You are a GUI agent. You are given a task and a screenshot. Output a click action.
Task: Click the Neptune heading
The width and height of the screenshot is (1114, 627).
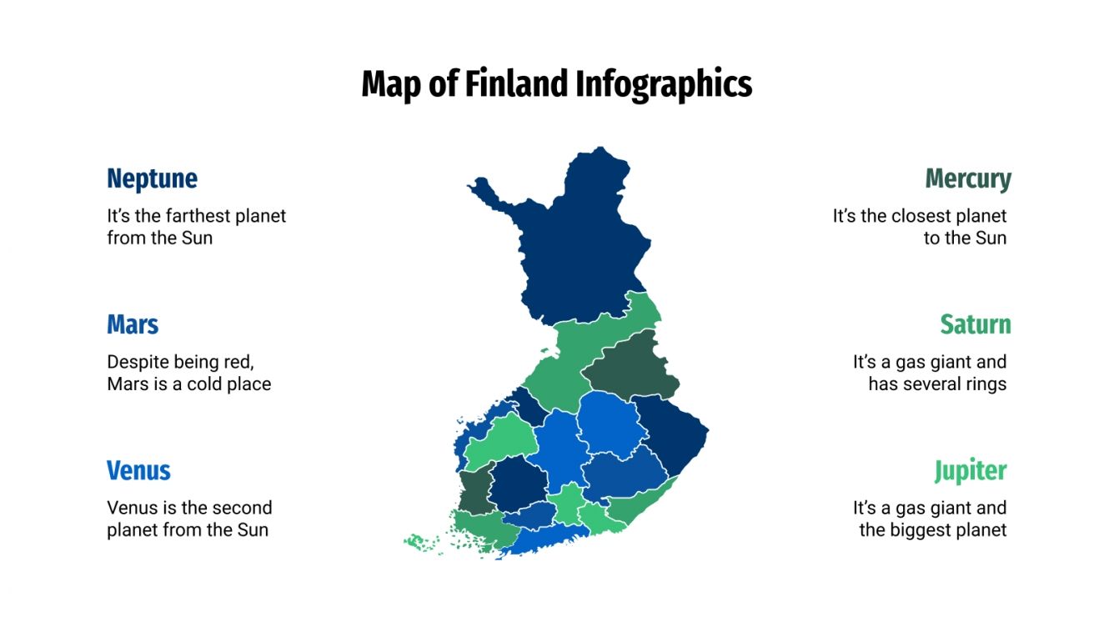coord(152,178)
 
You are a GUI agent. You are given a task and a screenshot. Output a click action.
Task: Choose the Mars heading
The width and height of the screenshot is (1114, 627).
coord(133,324)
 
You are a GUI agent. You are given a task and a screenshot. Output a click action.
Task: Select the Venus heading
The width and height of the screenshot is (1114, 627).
coord(138,470)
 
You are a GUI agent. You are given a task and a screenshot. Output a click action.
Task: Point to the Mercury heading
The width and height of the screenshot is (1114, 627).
coord(967,178)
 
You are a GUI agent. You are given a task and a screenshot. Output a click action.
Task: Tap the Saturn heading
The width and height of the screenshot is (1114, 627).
coord(975,324)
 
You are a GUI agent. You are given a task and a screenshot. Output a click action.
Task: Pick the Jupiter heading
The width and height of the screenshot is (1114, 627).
coord(970,470)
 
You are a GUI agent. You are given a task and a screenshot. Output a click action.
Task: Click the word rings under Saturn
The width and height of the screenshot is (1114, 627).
coord(984,384)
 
